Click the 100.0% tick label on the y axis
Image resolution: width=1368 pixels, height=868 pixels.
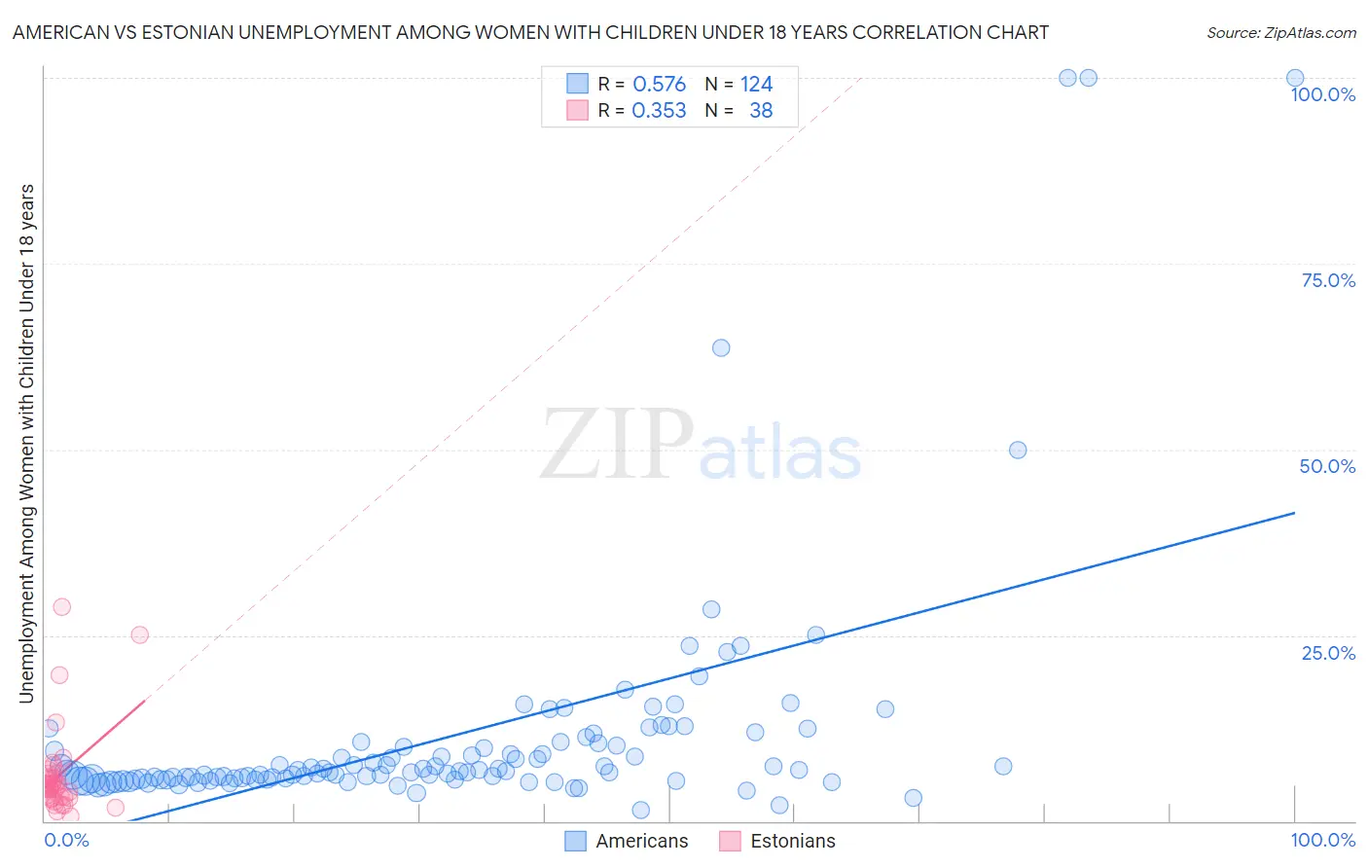tap(1322, 94)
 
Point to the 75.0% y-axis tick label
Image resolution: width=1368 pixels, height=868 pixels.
tap(1328, 280)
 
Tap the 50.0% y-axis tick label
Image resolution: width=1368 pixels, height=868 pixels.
tap(1327, 466)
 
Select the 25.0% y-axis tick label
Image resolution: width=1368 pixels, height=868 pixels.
tap(1328, 653)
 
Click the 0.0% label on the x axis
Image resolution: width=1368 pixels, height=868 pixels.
tap(66, 840)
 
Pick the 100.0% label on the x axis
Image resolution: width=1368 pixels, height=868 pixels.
tap(1322, 840)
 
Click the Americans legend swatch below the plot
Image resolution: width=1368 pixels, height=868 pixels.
tap(576, 841)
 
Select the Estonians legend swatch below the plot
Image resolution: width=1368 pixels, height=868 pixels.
tap(730, 841)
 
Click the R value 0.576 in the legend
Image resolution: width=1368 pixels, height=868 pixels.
tap(659, 85)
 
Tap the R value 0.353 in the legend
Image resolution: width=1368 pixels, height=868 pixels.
tap(659, 111)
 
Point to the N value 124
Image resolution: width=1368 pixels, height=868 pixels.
tap(756, 85)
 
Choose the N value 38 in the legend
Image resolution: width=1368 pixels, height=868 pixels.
tap(761, 111)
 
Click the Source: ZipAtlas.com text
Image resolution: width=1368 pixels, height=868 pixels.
tap(1280, 33)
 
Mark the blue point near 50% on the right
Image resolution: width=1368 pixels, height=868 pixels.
tap(1018, 450)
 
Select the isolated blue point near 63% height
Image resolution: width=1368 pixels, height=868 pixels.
tap(721, 347)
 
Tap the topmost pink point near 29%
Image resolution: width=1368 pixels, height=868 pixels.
tap(62, 606)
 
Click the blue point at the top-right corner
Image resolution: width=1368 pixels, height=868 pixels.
tap(1295, 78)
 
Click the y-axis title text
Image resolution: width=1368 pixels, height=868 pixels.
tap(26, 443)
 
